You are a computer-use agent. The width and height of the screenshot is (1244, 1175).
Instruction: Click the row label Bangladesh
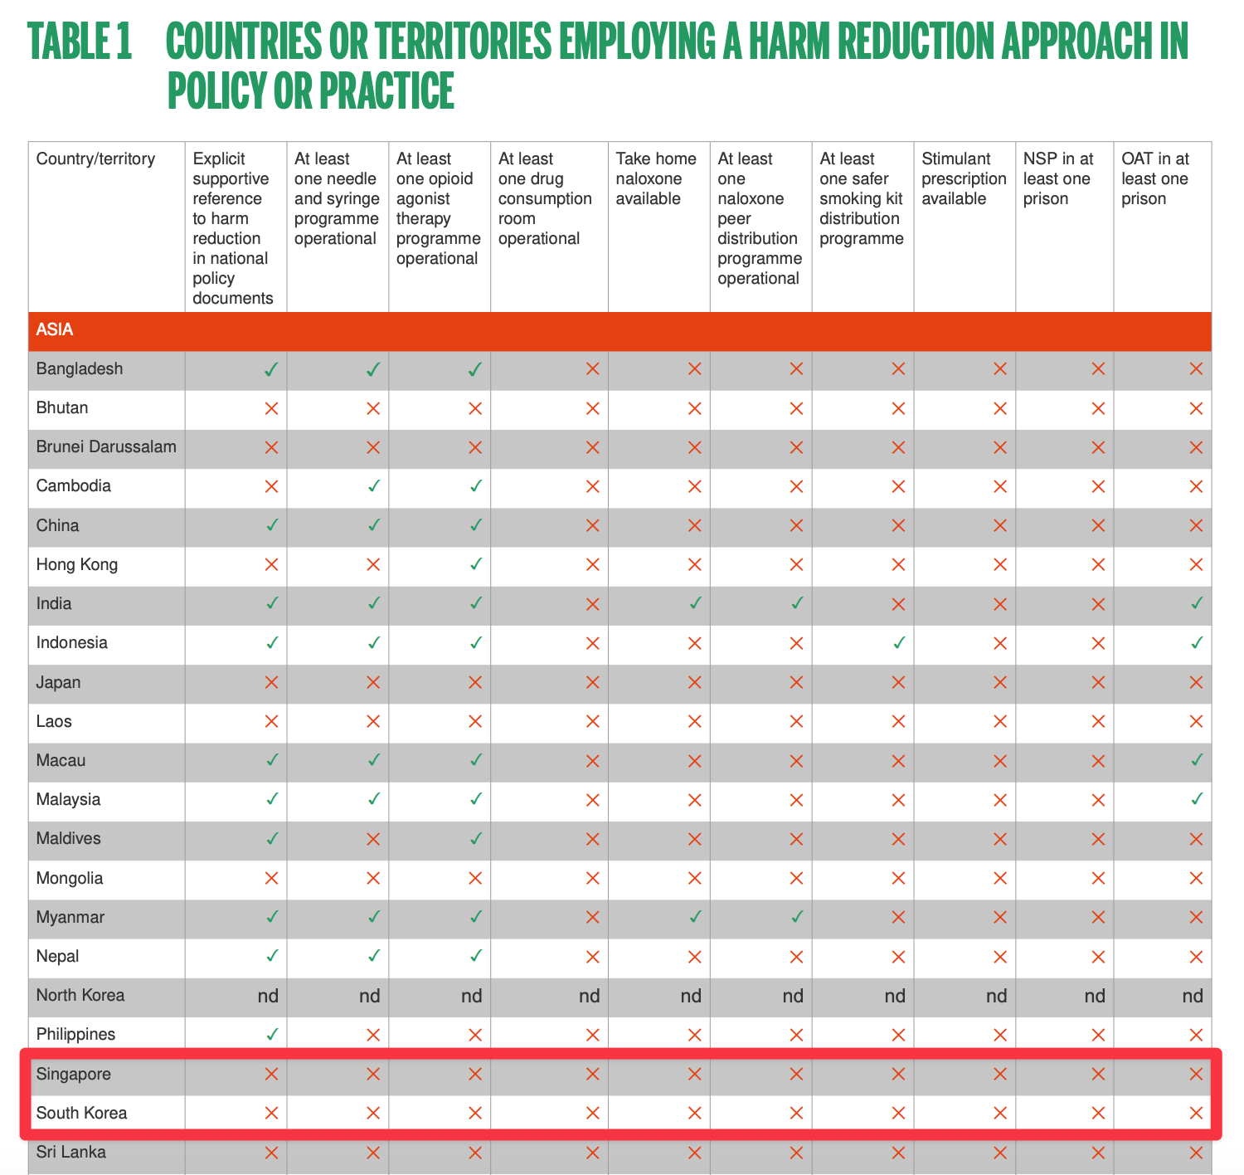tap(80, 369)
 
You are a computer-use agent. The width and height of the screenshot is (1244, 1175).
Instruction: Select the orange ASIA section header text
tap(55, 330)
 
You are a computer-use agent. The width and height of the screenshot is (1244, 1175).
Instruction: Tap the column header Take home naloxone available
tap(657, 178)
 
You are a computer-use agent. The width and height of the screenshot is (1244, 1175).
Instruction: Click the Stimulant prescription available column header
tap(964, 178)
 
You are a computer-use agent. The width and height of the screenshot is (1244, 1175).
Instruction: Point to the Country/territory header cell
tap(95, 159)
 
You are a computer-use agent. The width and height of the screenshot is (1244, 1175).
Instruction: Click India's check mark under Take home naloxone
tap(695, 604)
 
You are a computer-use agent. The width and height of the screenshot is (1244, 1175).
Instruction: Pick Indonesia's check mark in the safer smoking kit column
tap(898, 643)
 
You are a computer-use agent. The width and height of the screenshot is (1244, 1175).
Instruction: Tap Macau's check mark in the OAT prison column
tap(1196, 760)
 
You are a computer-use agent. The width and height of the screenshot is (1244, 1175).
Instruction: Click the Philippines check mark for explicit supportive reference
tap(271, 1035)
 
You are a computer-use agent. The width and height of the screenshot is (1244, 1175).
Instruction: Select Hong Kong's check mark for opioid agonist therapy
tap(475, 565)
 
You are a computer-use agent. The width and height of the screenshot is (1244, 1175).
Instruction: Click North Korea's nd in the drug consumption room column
tap(590, 996)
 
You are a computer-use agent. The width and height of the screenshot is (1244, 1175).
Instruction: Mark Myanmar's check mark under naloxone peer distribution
tap(796, 918)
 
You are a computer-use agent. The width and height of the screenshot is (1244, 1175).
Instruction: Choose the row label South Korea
tap(81, 1114)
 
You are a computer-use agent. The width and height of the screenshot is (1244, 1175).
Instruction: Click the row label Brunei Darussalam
tap(106, 447)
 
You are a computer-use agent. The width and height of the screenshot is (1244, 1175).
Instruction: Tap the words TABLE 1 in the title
tap(80, 41)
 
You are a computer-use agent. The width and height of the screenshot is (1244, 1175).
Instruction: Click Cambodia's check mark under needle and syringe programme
tap(373, 486)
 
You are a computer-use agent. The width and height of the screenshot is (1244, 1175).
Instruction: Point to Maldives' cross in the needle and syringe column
tap(373, 839)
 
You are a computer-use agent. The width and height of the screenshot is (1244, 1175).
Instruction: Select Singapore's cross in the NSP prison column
tap(1098, 1075)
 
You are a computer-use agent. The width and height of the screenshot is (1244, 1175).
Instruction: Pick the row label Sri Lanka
tap(71, 1153)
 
